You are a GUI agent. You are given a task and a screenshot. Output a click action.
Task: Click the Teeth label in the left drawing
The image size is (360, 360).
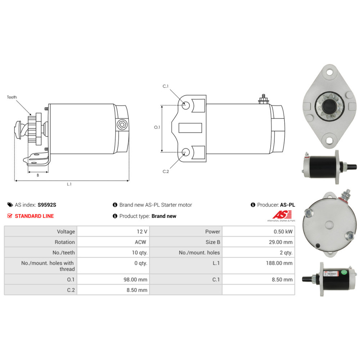click(12, 97)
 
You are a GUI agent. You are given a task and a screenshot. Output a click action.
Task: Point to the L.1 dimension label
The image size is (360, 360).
click(69, 184)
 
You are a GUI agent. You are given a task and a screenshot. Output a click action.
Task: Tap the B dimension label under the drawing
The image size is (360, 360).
click(38, 175)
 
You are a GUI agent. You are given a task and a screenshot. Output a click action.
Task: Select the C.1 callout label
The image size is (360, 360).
click(166, 86)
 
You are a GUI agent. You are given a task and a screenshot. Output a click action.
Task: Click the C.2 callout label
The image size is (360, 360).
click(166, 171)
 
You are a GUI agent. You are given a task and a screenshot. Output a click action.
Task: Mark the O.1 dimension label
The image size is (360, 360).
click(157, 127)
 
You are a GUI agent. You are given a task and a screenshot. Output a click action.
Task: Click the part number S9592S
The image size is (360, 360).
click(47, 205)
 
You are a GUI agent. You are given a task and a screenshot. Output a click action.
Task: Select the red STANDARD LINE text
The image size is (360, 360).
click(34, 216)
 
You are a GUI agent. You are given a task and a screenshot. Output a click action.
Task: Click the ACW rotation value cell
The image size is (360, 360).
click(141, 242)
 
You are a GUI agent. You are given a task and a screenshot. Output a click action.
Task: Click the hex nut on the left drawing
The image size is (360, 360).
click(122, 125)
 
